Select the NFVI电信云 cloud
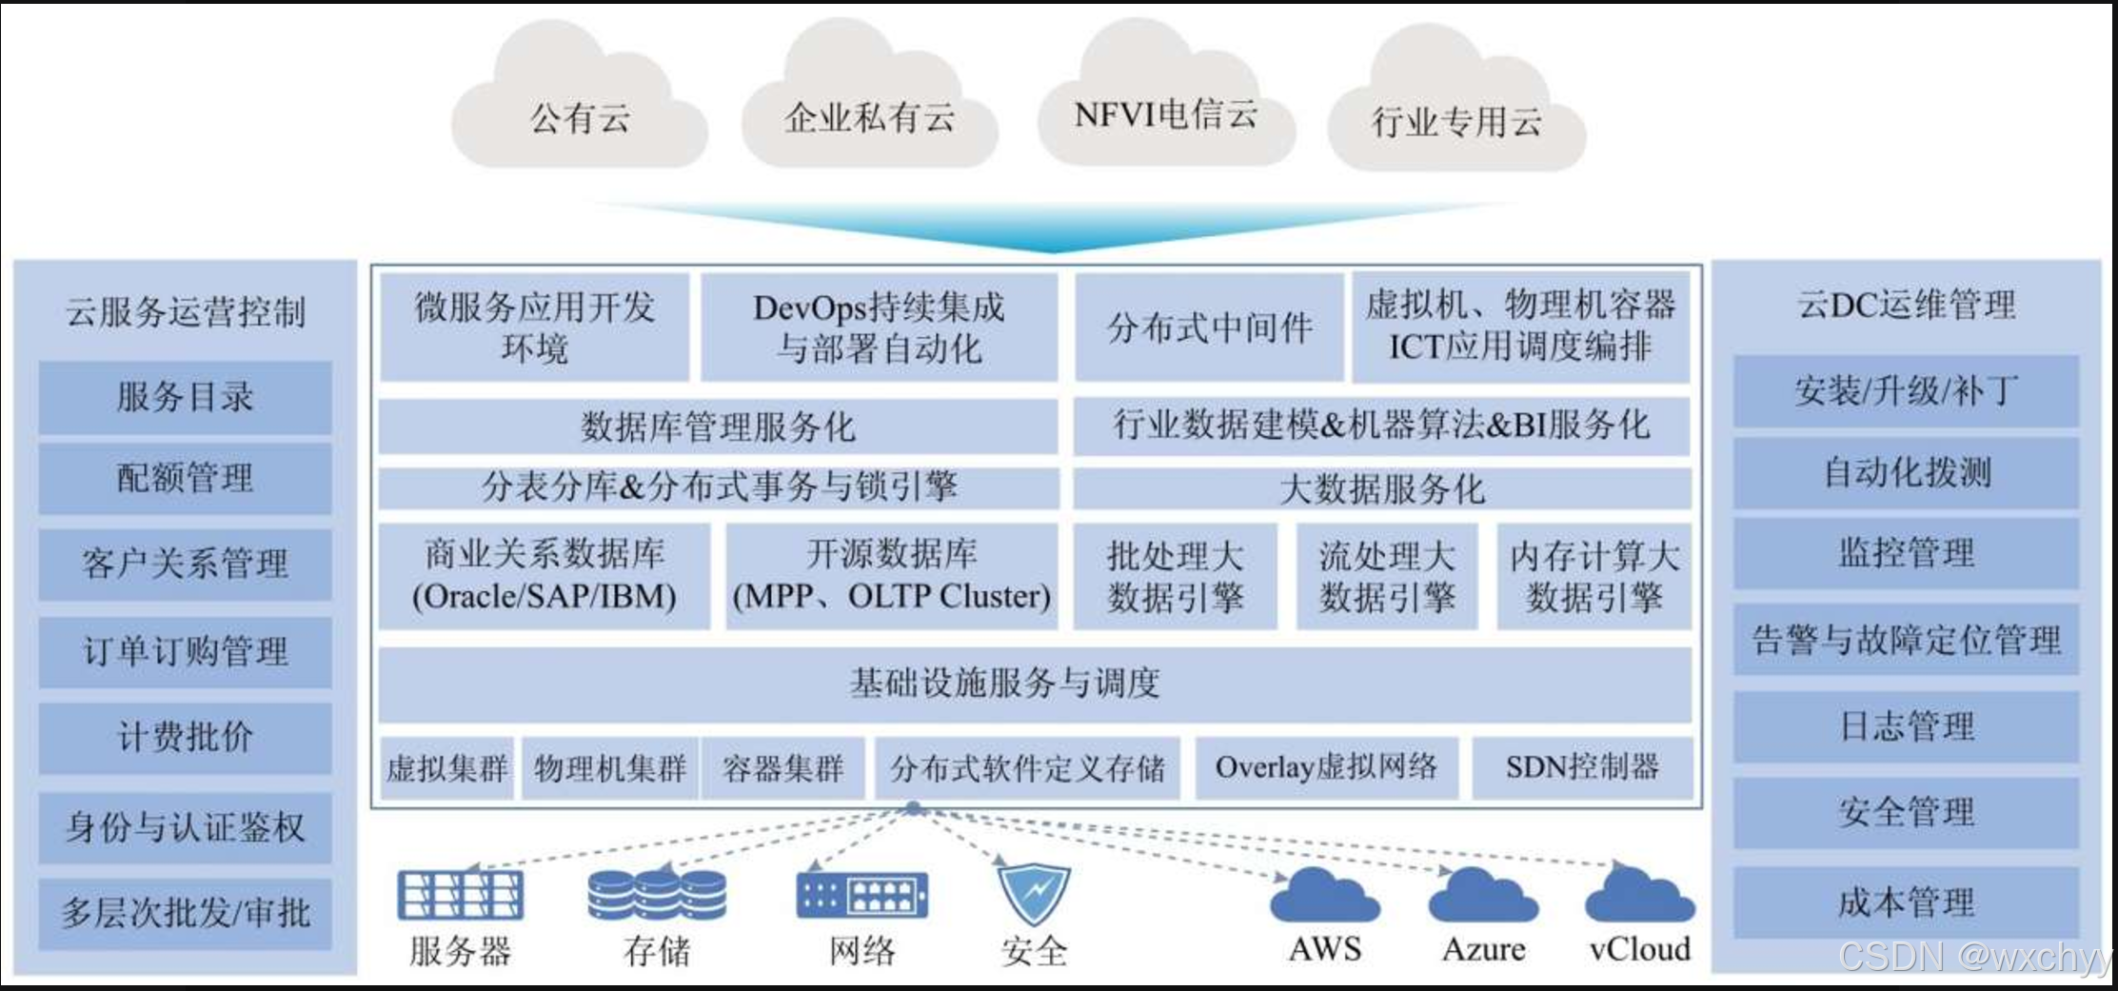[1165, 110]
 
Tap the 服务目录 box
[185, 396]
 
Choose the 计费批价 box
[185, 737]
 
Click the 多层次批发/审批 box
[185, 913]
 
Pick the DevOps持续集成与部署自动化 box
[879, 327]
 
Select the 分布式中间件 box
[1209, 327]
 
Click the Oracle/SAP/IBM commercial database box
[544, 576]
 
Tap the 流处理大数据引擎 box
[1386, 576]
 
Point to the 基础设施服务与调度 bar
[1034, 684]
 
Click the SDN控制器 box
[1582, 767]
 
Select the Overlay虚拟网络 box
[1326, 767]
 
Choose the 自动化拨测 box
[1906, 472]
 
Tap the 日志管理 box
[1906, 726]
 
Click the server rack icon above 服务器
[461, 895]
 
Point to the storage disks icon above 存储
[657, 895]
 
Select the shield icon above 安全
[1034, 893]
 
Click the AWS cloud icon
[1324, 896]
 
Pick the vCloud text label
[1639, 949]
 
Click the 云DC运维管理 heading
[1906, 306]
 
